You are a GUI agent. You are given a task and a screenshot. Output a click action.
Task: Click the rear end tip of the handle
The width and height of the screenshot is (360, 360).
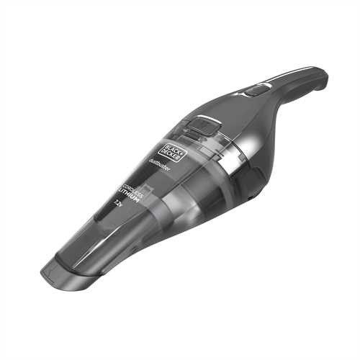pyautogui.click(x=325, y=74)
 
